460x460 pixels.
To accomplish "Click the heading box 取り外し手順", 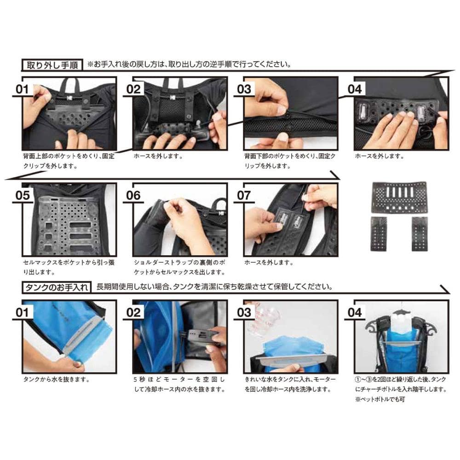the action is pyautogui.click(x=52, y=65).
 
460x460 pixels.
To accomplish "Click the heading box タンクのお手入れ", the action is pyautogui.click(x=57, y=287).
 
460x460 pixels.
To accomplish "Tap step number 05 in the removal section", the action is pyautogui.click(x=23, y=195).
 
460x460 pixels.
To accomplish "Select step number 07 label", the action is pyautogui.click(x=244, y=195).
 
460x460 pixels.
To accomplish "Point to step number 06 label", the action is pyautogui.click(x=133, y=195).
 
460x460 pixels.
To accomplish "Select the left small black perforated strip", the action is pyautogui.click(x=379, y=234).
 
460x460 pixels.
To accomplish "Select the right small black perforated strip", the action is pyautogui.click(x=420, y=234).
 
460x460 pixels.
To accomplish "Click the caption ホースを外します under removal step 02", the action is pyautogui.click(x=158, y=156).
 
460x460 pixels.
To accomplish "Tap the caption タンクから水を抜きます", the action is pyautogui.click(x=56, y=379).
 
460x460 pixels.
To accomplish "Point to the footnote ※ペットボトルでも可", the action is pyautogui.click(x=380, y=399).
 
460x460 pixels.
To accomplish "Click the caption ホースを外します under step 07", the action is pyautogui.click(x=269, y=263).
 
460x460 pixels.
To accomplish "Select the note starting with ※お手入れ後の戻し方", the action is pyautogui.click(x=189, y=64).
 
